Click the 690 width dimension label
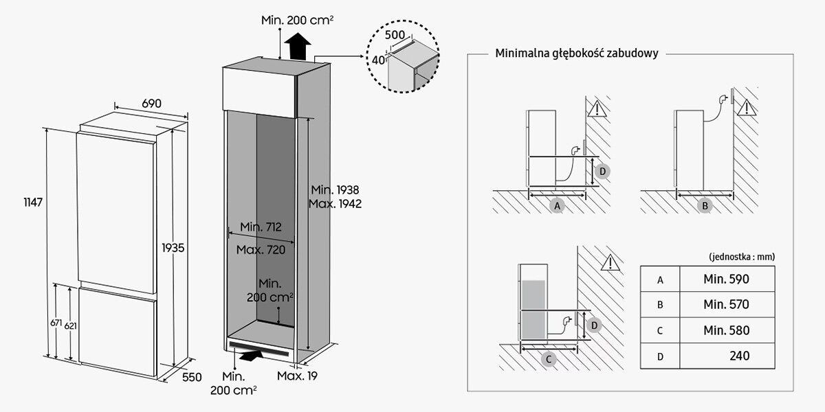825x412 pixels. point(151,104)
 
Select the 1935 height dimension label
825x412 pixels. point(173,247)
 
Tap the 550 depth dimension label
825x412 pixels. point(192,377)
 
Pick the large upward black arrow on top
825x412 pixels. point(299,49)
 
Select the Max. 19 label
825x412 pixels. point(297,376)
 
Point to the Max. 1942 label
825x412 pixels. point(335,204)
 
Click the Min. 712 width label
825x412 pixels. point(261,227)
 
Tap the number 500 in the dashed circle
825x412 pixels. point(395,34)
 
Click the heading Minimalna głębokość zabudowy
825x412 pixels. point(577,54)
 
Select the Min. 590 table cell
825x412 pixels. point(726,279)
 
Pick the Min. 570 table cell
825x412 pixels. point(726,304)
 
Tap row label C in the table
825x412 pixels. point(659,330)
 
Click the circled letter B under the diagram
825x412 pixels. point(705,205)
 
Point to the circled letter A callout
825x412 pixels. point(558,205)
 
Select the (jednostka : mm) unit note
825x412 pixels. point(741,256)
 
